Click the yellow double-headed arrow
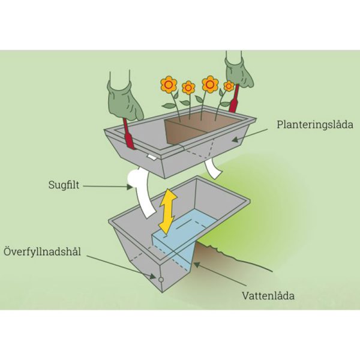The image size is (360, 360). pos(168,211)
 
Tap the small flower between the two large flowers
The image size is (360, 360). pos(188,88)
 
